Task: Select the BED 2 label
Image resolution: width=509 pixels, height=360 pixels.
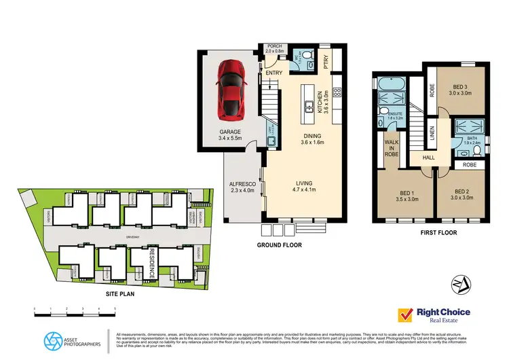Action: point(463,196)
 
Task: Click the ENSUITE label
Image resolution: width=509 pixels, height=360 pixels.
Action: point(394,114)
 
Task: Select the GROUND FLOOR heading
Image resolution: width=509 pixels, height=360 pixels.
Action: point(280,245)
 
